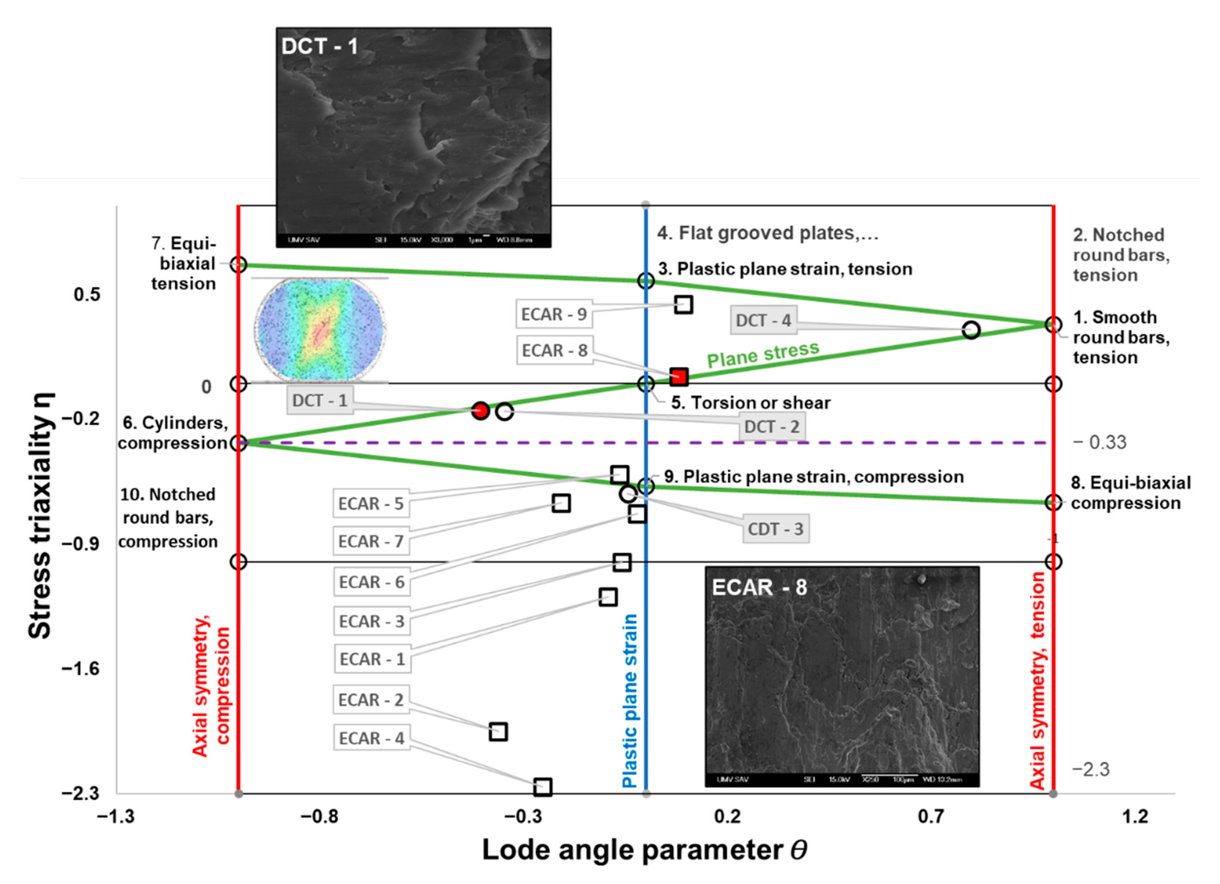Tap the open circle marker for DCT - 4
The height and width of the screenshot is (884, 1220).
971,330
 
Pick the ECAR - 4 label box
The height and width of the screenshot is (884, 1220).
371,738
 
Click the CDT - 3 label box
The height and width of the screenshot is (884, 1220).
776,529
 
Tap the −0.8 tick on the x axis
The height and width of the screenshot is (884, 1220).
320,817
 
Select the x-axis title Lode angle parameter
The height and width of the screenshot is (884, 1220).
644,851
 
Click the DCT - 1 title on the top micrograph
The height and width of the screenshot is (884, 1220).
320,46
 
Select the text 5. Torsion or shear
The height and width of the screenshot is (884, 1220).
750,403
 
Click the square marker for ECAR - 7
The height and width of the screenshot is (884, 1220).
561,503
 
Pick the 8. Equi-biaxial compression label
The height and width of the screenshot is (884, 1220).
1130,493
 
